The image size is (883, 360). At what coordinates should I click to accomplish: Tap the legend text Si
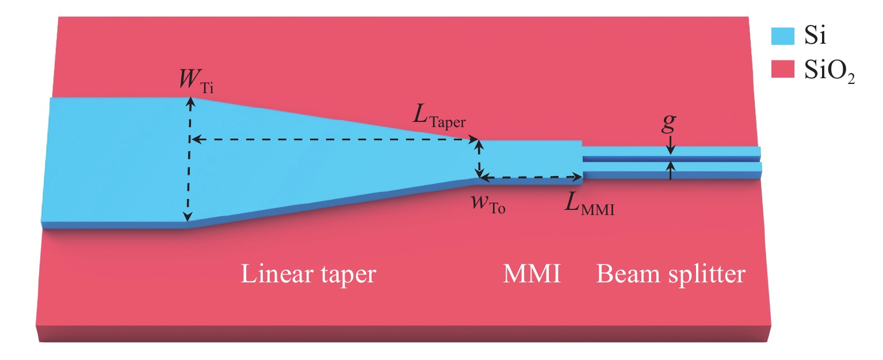[814, 39]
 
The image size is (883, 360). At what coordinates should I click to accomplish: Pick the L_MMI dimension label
[589, 206]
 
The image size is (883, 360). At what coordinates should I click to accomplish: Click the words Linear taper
[308, 274]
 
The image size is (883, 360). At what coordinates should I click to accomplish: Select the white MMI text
[530, 274]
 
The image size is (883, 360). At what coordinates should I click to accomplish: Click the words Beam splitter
[671, 274]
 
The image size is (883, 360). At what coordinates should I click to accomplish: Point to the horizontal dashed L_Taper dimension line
[334, 140]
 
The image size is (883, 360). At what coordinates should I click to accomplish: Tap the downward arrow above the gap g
[671, 148]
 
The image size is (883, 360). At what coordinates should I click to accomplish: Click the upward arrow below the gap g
[671, 171]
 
